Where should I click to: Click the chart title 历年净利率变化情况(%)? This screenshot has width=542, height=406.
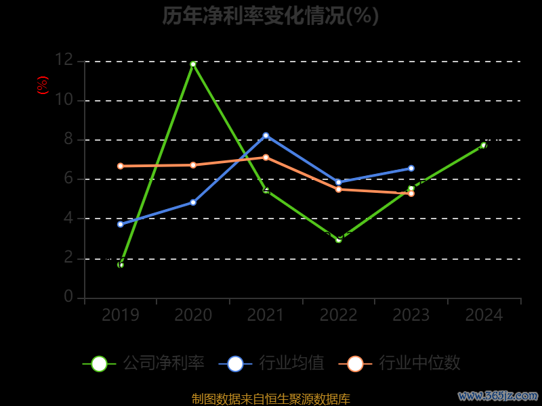coord(270,16)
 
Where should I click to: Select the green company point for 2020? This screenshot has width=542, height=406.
coord(193,64)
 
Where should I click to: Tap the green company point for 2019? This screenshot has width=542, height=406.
coord(121,265)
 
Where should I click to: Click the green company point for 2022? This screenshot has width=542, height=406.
coord(339,240)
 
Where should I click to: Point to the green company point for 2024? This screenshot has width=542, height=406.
coord(484,145)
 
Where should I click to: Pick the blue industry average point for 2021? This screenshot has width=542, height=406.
coord(266,135)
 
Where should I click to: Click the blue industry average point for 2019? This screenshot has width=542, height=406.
coord(121,224)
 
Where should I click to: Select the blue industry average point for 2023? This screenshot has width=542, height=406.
coord(411,168)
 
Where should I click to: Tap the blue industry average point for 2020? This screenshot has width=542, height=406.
coord(193,202)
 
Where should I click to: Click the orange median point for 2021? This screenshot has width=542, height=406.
coord(266,157)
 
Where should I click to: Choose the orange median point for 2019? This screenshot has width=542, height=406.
coord(121,166)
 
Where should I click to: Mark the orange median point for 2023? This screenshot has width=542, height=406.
coord(411,194)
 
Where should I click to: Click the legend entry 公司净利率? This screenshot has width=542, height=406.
coord(144,363)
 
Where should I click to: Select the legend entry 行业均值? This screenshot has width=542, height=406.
coord(272,363)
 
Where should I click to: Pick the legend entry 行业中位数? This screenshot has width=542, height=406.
coord(404,363)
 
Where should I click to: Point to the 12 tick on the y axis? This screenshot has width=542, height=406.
coord(64,60)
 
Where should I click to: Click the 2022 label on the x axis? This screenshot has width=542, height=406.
coord(339,315)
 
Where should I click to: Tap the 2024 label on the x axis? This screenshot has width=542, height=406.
coord(484,315)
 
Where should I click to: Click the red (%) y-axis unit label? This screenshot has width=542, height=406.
coord(43,85)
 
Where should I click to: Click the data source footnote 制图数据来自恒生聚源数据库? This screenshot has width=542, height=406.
coord(270,399)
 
